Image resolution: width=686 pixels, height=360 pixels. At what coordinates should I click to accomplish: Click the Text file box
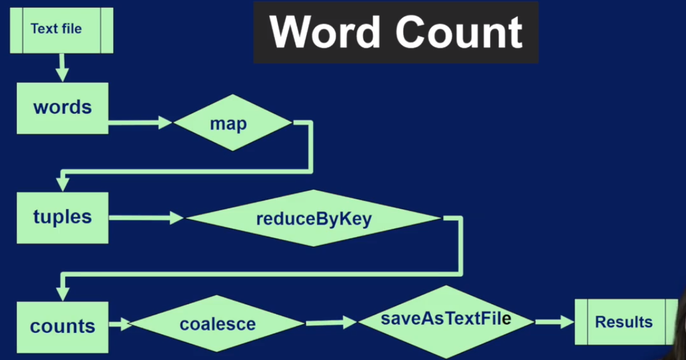(62, 30)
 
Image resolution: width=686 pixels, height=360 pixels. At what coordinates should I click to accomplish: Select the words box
(62, 108)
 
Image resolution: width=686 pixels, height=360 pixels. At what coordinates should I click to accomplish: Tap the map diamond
(232, 123)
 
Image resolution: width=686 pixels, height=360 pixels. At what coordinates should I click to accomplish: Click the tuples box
(62, 217)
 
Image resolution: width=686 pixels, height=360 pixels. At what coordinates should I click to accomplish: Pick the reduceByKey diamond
(314, 218)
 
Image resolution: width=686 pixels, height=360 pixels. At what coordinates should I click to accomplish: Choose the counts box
(62, 327)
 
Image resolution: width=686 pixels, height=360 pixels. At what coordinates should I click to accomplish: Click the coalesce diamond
(217, 323)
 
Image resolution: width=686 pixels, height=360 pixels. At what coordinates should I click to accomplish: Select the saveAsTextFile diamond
(446, 322)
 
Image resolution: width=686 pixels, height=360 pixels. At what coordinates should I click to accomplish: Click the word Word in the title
(325, 32)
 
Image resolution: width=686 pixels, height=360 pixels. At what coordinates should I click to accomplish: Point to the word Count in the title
(459, 32)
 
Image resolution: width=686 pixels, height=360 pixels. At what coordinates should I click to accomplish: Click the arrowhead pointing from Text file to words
(62, 75)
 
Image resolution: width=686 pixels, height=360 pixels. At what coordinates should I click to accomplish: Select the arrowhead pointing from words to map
(165, 122)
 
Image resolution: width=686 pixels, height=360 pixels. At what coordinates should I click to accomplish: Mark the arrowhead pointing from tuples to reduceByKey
(176, 217)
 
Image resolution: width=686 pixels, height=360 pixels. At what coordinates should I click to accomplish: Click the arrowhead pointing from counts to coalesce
(126, 324)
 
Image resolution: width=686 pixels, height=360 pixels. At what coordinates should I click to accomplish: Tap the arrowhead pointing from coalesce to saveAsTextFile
(350, 322)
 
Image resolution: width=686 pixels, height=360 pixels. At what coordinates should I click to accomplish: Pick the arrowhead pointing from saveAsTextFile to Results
(567, 322)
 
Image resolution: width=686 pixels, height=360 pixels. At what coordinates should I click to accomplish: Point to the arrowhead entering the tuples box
(62, 184)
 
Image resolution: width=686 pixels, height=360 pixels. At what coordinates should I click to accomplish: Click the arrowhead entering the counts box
(62, 293)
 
